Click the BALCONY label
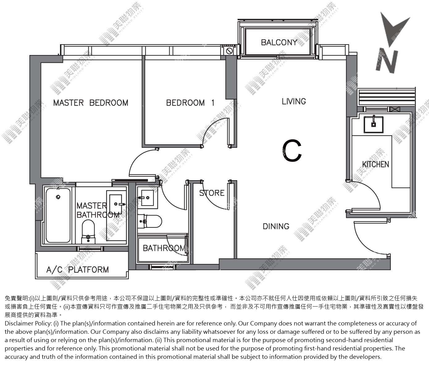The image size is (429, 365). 279,42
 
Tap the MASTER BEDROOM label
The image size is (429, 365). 91,103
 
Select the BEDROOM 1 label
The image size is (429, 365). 190,103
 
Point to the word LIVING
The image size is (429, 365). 294,101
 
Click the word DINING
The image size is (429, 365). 276,226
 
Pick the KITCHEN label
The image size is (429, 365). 376,164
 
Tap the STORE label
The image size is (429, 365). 212,193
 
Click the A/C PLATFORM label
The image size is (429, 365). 78,270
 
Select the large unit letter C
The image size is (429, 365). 292,151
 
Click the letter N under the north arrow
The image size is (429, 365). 387,61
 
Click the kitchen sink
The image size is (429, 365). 373,124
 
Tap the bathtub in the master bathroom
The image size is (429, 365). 58,215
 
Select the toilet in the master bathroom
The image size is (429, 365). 88,232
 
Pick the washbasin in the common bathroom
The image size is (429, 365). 147,197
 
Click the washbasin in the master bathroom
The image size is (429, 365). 116,204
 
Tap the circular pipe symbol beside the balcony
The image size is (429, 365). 229,51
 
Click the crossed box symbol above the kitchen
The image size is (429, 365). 395,109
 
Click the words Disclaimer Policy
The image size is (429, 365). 28,324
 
